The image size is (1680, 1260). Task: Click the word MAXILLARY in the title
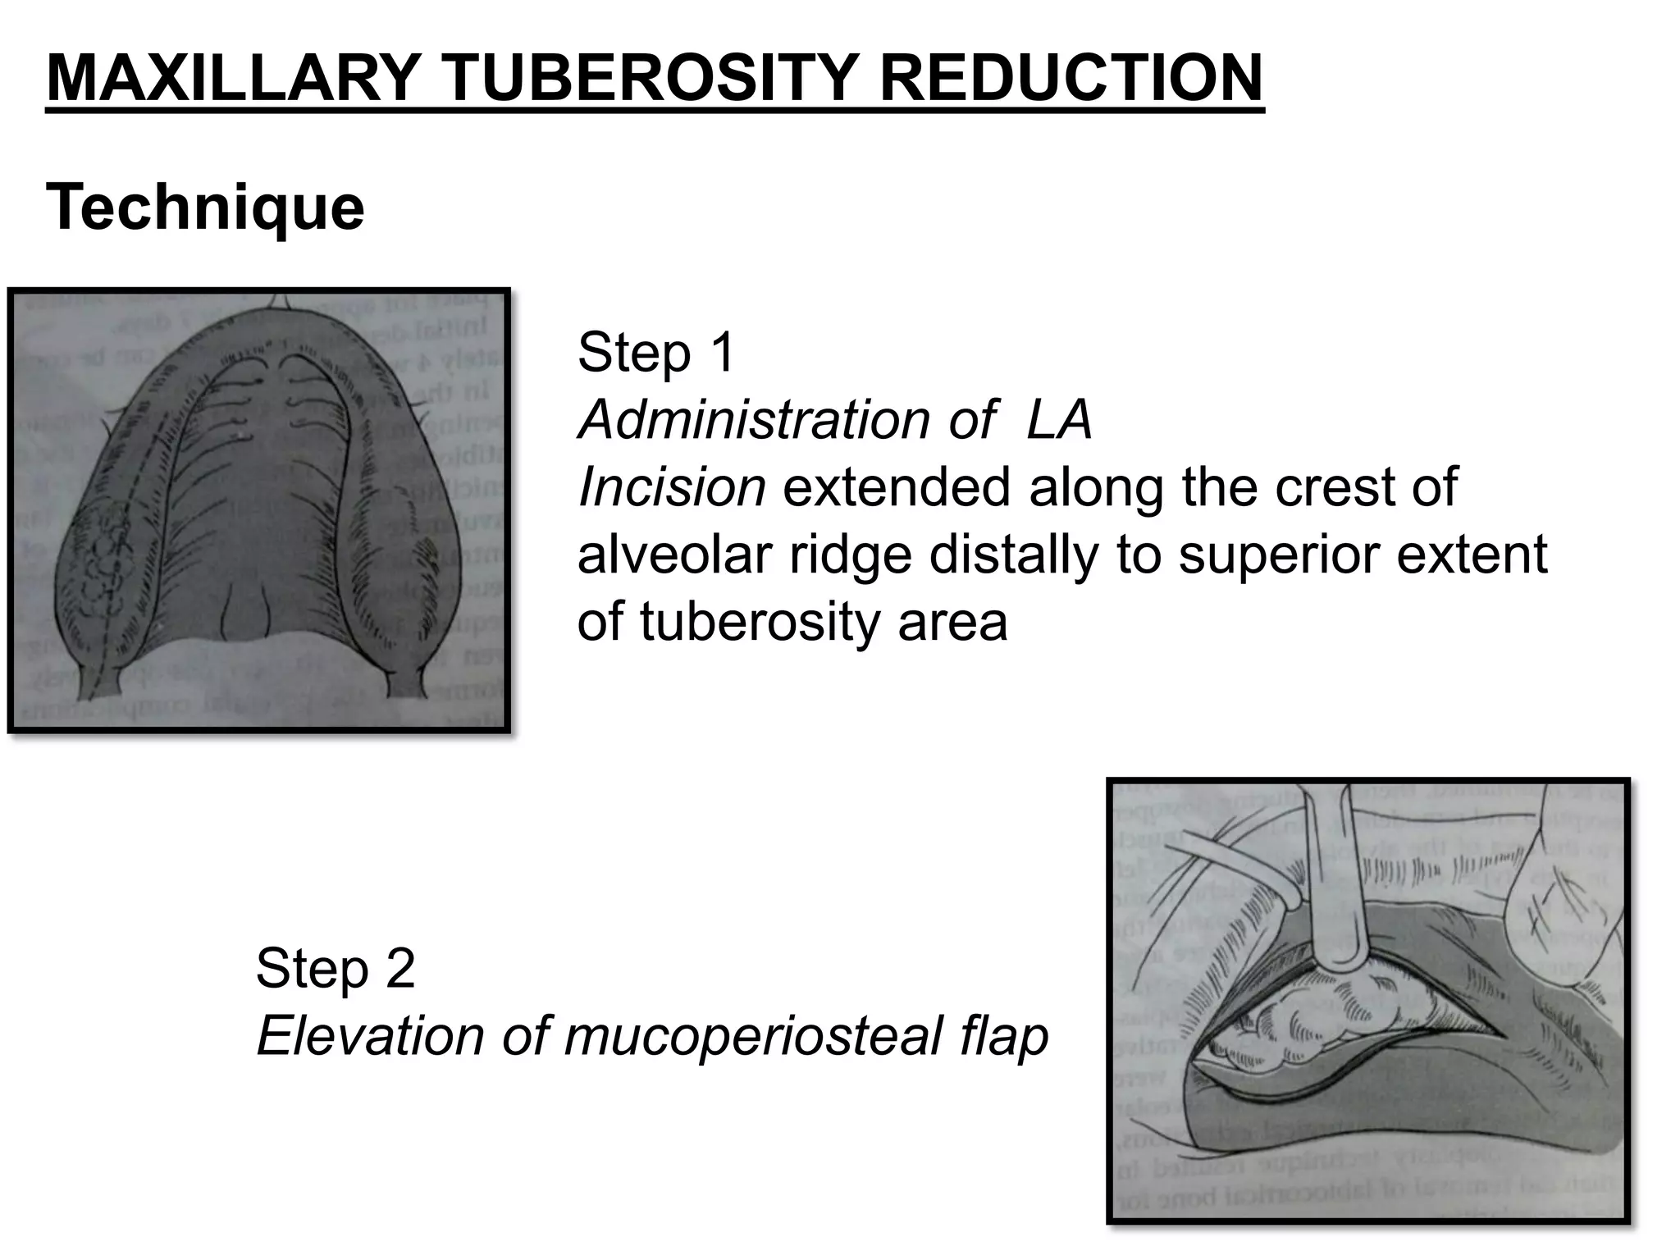pos(233,78)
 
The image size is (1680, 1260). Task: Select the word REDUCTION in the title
pos(1071,78)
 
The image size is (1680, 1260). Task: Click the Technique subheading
pos(205,208)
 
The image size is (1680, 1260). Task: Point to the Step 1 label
pos(655,353)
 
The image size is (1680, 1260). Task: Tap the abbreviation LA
pos(1058,420)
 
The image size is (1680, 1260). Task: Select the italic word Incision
pos(671,487)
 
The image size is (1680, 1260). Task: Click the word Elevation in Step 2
pos(370,1035)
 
